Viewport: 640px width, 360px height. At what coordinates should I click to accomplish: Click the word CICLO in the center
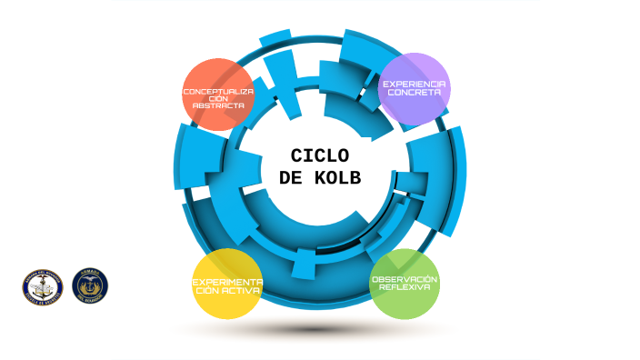(x=319, y=155)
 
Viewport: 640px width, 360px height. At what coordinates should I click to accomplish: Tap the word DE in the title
(x=291, y=178)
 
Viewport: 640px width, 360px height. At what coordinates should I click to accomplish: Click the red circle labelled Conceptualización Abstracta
(x=217, y=94)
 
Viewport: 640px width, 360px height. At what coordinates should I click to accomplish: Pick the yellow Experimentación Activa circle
(x=227, y=284)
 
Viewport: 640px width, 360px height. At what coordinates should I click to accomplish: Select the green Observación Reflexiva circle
(x=405, y=284)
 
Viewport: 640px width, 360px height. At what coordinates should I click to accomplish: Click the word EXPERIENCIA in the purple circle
(x=414, y=83)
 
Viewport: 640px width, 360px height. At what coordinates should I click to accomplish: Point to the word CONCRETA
(x=414, y=92)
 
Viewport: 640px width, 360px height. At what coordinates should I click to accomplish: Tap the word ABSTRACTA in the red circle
(x=218, y=106)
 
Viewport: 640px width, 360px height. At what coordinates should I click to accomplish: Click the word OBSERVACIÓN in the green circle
(x=405, y=278)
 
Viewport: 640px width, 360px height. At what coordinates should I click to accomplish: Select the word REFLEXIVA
(x=405, y=287)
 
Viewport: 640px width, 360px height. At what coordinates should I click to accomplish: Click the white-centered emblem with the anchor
(x=42, y=287)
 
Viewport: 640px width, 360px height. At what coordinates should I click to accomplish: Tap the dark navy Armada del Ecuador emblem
(x=89, y=286)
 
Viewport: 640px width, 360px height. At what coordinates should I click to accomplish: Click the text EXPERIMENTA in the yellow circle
(x=227, y=282)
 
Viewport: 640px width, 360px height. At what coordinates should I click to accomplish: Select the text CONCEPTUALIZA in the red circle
(x=218, y=92)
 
